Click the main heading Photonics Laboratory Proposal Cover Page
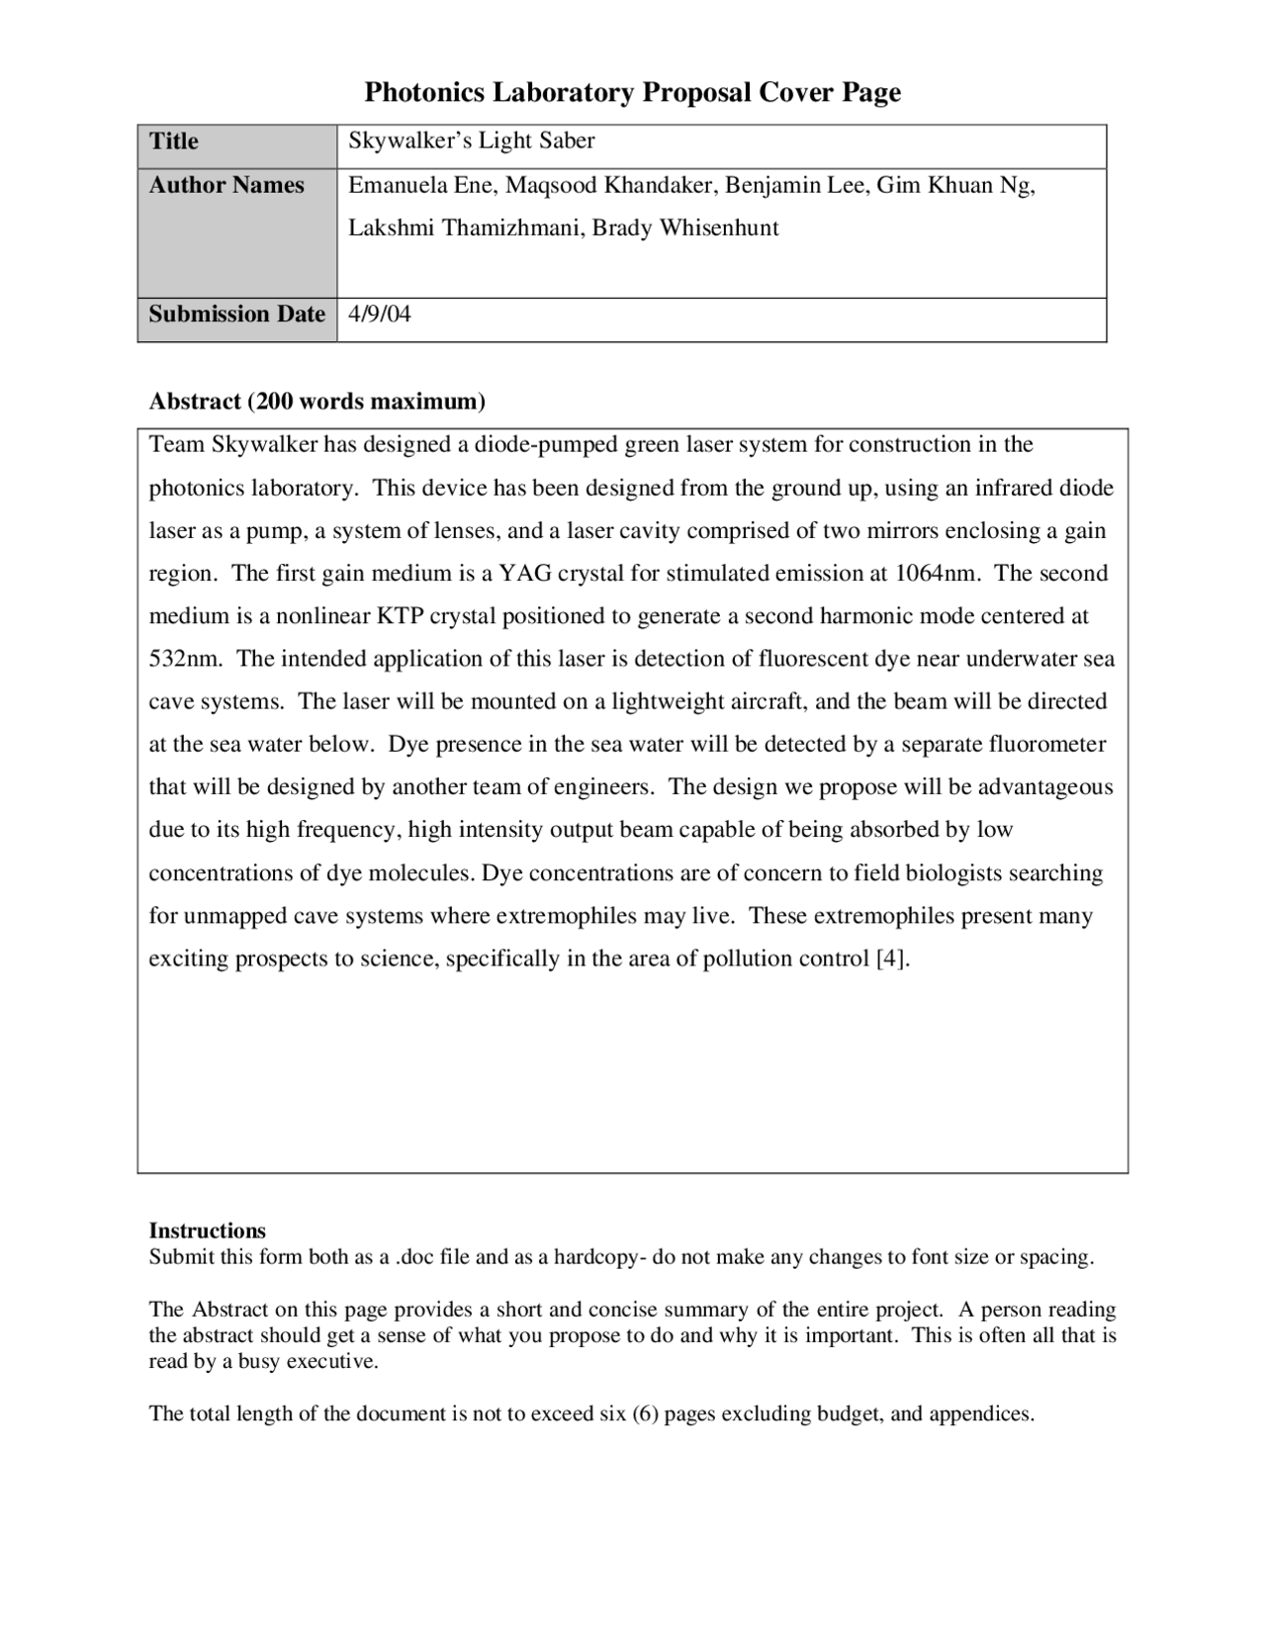click(632, 93)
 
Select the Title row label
click(174, 141)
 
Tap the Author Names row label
click(226, 185)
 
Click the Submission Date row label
click(236, 314)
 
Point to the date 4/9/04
click(380, 315)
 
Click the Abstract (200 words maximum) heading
click(316, 402)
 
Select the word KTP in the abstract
click(400, 616)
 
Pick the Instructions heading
click(207, 1230)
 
